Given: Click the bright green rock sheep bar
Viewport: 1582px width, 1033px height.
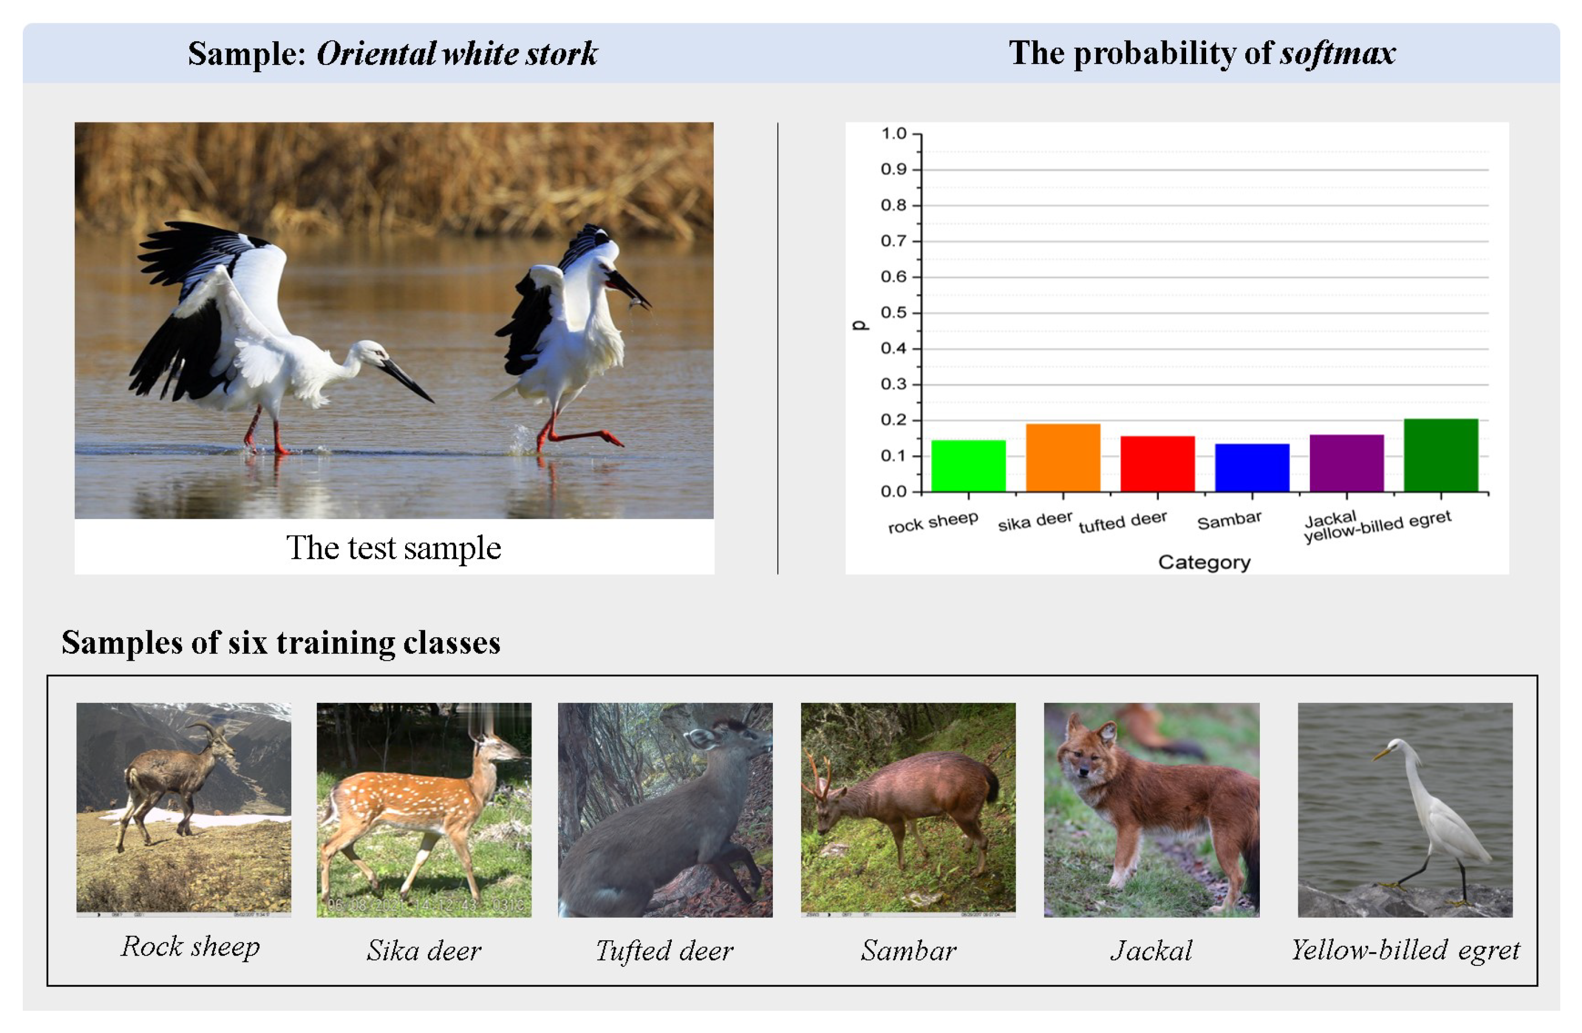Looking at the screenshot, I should pos(968,466).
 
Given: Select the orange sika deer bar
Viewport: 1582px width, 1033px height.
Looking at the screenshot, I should pos(1062,458).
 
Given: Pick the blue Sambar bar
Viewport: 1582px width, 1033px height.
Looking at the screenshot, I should pos(1252,468).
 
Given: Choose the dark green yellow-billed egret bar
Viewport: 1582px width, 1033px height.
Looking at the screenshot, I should pos(1440,455).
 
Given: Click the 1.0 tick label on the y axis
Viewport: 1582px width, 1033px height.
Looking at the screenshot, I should pos(893,133).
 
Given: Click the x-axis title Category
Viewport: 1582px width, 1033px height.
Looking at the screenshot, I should pos(1204,562).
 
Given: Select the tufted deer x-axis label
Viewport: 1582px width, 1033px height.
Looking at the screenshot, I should pos(1122,522).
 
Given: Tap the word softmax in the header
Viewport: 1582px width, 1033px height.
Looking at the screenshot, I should pos(1337,53).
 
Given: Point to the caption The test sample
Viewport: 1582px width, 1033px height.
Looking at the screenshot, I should pos(394,548).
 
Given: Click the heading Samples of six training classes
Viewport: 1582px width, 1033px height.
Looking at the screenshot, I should pos(280,642).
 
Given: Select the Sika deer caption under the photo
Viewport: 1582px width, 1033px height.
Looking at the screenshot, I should pos(424,951).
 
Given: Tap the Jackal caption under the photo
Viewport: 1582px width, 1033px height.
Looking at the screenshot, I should pos(1151,951).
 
